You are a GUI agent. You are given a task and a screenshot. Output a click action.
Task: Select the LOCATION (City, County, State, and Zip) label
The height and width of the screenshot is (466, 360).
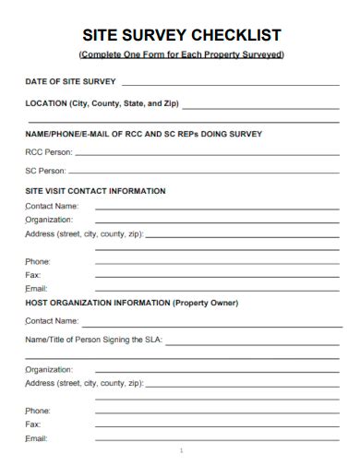point(101,103)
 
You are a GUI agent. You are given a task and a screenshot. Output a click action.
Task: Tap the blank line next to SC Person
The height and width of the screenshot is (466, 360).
point(203,173)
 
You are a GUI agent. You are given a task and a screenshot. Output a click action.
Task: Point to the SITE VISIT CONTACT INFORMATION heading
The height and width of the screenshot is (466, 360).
point(95,191)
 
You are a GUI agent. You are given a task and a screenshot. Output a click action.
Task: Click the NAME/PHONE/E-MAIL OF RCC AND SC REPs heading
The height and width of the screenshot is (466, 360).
point(143,134)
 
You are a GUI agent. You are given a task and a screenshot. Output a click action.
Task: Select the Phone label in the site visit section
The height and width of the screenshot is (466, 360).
point(38,262)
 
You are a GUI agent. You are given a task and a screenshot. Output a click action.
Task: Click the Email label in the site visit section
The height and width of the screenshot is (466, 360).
point(36,289)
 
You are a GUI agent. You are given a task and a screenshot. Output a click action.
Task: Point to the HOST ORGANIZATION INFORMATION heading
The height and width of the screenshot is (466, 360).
point(97,303)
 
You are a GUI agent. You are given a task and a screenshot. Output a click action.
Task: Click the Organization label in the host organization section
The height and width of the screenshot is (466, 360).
point(49,369)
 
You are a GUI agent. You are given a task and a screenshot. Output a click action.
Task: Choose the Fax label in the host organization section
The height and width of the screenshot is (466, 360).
point(33,424)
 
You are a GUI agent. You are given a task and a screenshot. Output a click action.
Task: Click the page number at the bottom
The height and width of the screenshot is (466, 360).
point(182,451)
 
